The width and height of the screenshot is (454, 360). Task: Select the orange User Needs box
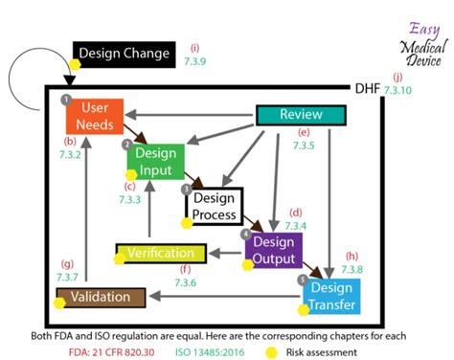point(94,115)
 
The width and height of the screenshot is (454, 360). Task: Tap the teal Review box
point(300,115)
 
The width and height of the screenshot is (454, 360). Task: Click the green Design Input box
point(154,162)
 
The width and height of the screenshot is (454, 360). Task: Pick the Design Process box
point(215,206)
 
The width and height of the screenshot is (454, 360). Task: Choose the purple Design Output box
point(274,249)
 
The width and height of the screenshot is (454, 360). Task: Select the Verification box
point(162,255)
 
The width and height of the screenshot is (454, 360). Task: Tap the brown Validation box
point(100,297)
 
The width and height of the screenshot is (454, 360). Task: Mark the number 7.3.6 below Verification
point(185,282)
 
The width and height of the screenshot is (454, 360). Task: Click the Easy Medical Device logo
point(421,43)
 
